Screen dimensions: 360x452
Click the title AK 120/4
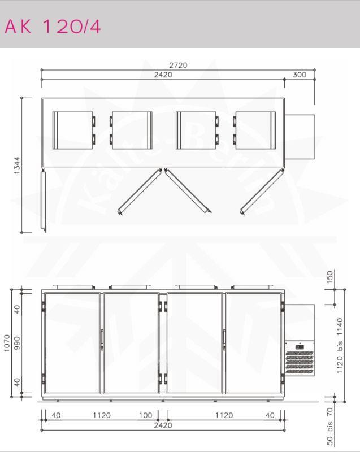(53, 27)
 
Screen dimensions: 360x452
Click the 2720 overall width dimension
(178, 66)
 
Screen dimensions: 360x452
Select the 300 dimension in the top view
(300, 75)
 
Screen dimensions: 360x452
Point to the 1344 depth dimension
(17, 165)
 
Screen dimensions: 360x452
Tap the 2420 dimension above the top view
(163, 75)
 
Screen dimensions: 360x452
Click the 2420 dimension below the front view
(163, 425)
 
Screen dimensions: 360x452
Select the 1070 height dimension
(7, 343)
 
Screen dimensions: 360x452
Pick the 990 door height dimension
(18, 343)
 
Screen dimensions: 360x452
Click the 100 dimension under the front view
(146, 415)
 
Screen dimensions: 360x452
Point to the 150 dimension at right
(330, 277)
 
